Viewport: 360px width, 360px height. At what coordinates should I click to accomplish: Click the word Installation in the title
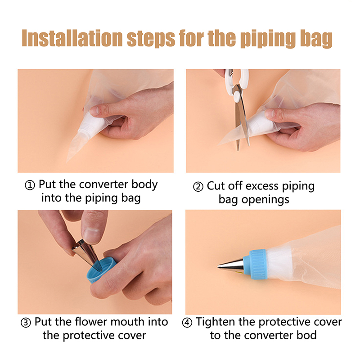tap(72, 38)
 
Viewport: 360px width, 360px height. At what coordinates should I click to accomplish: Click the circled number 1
tap(30, 185)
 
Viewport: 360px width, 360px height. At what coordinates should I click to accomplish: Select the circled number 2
tap(198, 186)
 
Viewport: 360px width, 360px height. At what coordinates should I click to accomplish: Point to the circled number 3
tap(26, 323)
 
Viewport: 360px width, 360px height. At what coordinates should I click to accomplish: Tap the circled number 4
tap(187, 323)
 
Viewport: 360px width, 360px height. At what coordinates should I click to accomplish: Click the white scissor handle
tap(237, 81)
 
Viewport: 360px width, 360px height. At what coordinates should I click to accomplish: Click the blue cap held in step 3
tap(100, 270)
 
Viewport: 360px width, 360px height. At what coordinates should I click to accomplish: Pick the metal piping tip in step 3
tap(87, 254)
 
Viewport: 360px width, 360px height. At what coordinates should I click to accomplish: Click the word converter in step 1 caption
tap(104, 184)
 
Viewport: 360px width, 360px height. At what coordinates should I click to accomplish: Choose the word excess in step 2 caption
tap(262, 186)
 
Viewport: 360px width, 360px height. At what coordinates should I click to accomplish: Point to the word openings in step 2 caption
tap(265, 200)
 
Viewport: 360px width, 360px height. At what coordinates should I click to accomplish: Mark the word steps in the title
tap(151, 39)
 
